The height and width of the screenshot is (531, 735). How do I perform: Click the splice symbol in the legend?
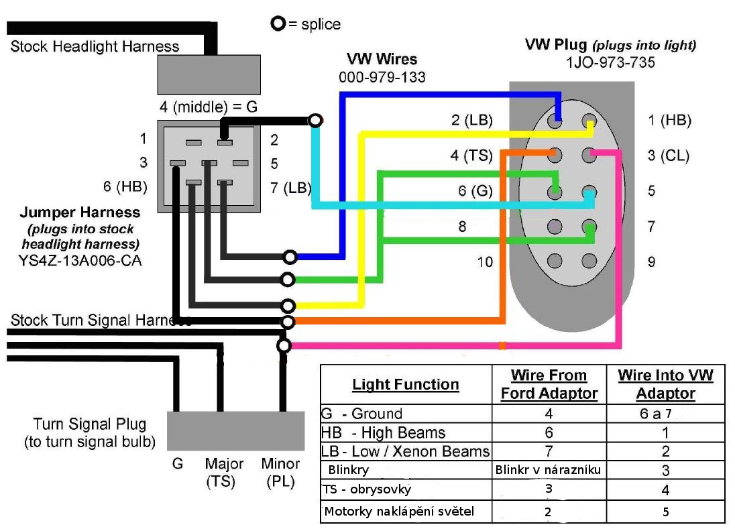(x=278, y=24)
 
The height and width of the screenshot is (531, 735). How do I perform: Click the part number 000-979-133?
(x=382, y=77)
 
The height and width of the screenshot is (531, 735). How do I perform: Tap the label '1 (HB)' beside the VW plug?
(x=669, y=121)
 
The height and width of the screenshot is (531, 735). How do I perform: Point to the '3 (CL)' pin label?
(x=669, y=156)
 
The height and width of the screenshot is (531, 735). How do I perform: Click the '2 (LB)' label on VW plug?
(x=471, y=121)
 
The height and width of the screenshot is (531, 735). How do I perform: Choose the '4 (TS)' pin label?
(x=471, y=156)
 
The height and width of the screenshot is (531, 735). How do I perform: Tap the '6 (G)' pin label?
(x=475, y=191)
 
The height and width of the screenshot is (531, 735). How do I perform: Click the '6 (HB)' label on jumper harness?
(x=125, y=187)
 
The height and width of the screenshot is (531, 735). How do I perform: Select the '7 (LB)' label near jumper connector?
(x=290, y=188)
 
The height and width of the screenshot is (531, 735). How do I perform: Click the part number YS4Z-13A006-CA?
(x=80, y=260)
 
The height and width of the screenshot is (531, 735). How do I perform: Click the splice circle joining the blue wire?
(x=290, y=257)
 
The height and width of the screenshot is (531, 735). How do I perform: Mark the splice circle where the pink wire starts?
(x=284, y=346)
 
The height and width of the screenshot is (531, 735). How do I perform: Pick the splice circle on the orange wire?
(x=288, y=322)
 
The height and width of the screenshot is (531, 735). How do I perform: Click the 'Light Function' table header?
(x=406, y=384)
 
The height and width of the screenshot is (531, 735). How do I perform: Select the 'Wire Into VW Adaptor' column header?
(x=665, y=384)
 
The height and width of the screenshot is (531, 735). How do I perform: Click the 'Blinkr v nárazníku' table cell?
(x=548, y=470)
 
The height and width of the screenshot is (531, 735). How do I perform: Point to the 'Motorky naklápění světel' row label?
(x=399, y=512)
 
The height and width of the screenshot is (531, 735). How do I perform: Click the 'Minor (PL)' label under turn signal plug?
(x=280, y=472)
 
